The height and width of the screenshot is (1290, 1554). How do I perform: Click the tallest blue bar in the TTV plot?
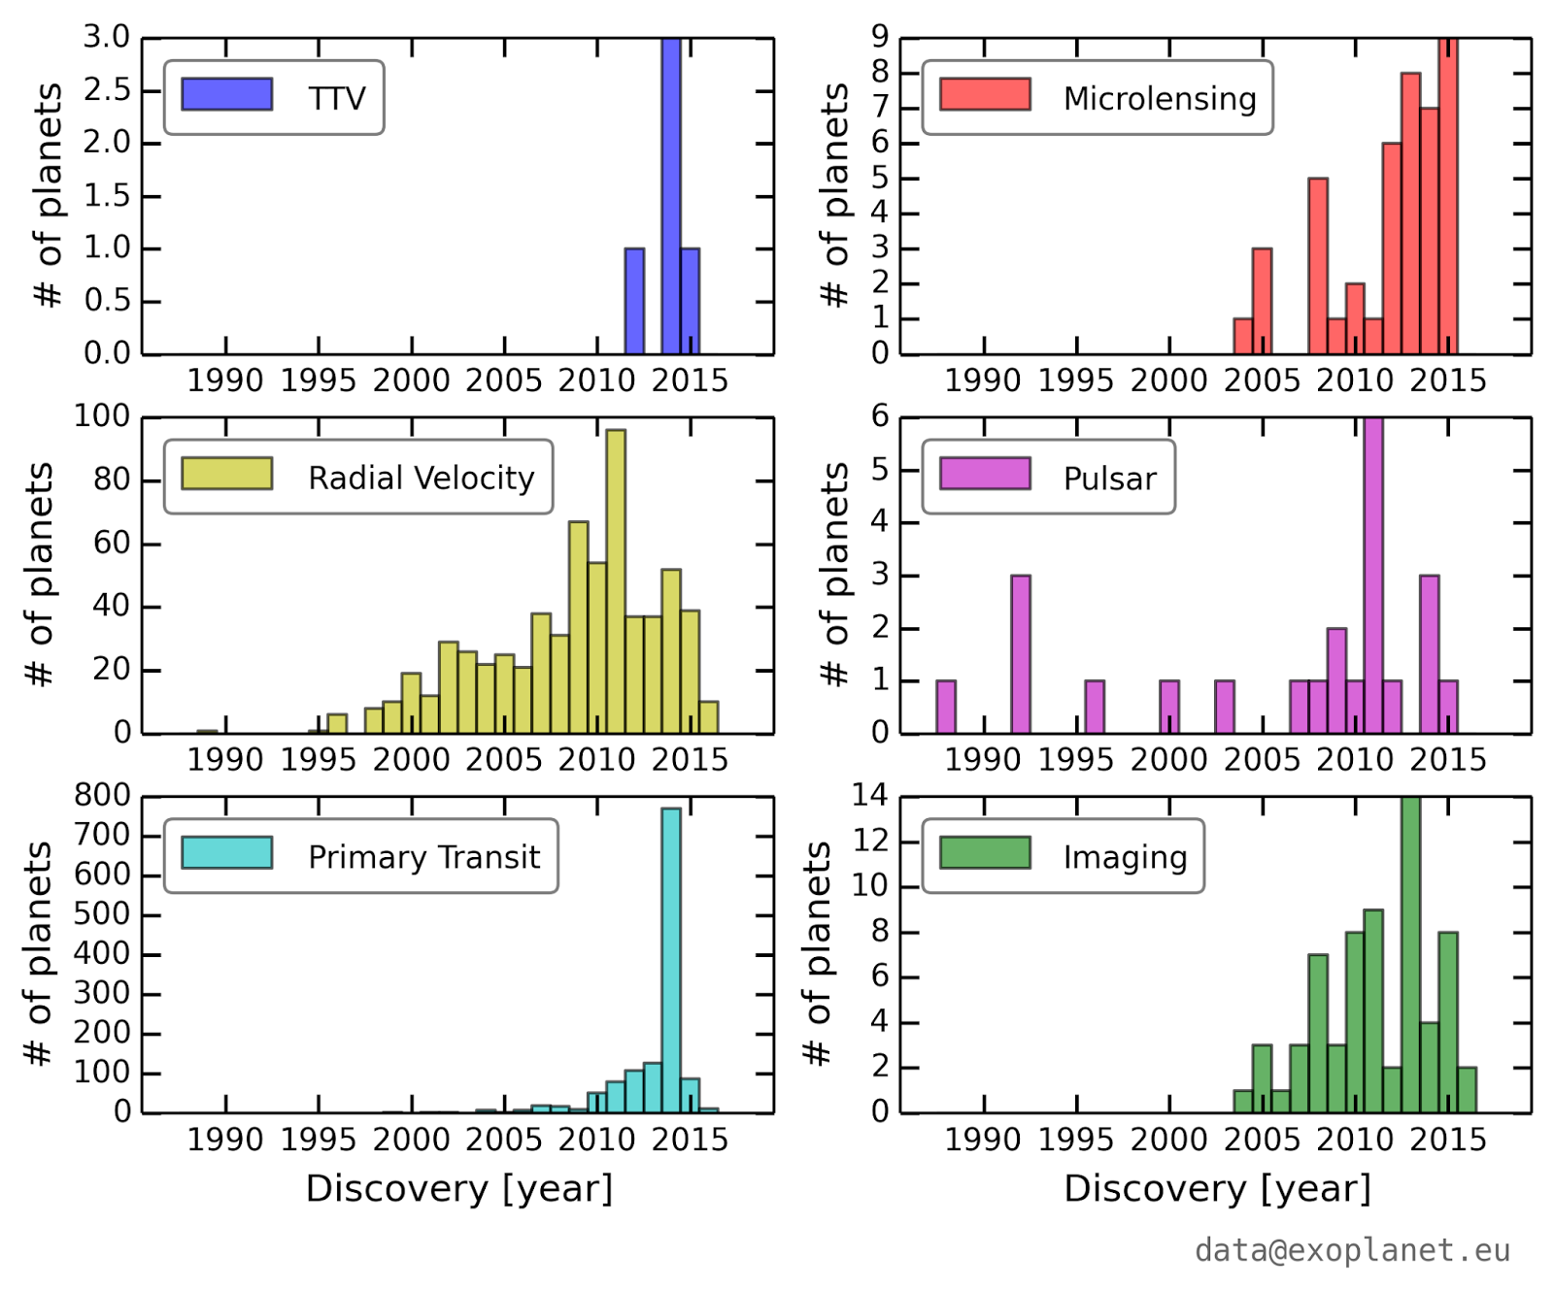point(671,194)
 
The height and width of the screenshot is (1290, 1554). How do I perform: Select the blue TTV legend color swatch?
point(226,94)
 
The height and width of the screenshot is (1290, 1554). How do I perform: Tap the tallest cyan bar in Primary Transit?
point(671,961)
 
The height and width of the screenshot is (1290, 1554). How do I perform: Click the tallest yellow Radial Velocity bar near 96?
point(615,582)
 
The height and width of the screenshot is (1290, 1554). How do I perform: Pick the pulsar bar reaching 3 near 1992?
point(1020,655)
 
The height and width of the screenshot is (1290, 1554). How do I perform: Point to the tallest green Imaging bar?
point(1411,956)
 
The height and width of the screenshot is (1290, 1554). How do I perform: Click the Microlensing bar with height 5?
point(1318,267)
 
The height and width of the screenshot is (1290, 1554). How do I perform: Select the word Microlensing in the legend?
point(1160,98)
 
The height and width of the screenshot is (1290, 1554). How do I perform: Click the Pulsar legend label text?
point(1110,479)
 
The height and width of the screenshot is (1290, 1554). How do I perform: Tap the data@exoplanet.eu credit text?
point(1352,1250)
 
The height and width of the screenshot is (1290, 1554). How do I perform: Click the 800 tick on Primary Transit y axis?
point(103,796)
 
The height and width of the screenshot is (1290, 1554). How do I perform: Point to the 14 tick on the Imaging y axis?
point(870,796)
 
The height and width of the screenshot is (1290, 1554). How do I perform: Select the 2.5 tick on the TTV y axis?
point(107,90)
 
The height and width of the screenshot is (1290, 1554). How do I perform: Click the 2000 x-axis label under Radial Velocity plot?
point(412,759)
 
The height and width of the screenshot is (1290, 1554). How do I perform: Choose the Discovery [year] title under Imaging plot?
point(1217,1188)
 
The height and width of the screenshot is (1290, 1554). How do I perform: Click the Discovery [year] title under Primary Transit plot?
point(459,1188)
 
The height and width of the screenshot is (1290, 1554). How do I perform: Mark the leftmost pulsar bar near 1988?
point(946,707)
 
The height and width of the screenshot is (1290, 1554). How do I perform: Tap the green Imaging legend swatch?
point(985,852)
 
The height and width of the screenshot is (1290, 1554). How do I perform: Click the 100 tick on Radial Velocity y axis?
point(103,416)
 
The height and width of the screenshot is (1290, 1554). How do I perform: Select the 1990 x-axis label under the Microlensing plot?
point(983,380)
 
